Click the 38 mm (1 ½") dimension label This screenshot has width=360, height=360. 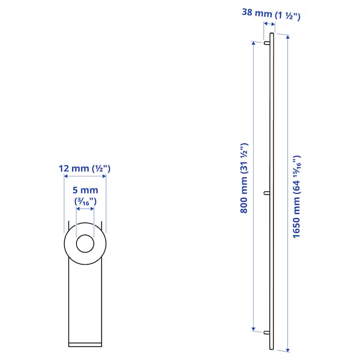tap(271, 14)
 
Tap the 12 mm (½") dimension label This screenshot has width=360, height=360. tap(85, 169)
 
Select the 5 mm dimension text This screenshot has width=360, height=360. tap(85, 190)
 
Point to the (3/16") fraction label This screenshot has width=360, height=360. tap(85, 202)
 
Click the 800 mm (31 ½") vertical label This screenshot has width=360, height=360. tap(244, 178)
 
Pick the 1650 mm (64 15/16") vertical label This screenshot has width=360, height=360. tap(296, 197)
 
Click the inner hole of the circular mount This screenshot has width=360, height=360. tap(85, 244)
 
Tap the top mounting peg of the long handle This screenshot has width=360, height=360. tap(267, 43)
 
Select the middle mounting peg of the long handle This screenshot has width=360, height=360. tap(267, 193)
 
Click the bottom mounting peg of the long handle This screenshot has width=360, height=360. tap(267, 332)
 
